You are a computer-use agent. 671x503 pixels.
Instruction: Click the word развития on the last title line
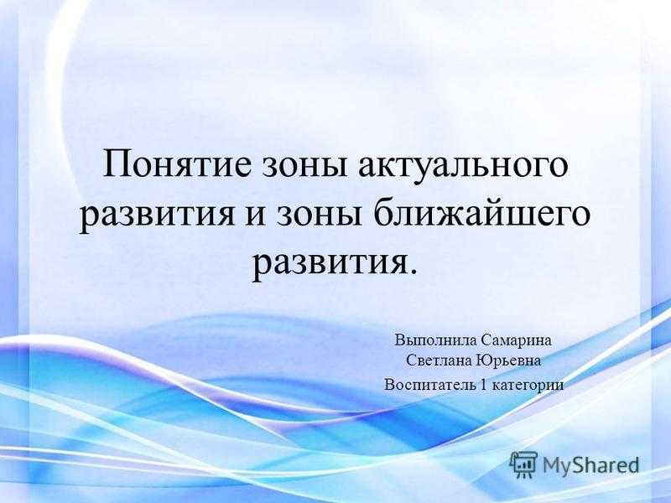(328, 264)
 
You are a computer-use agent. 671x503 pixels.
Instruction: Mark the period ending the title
(412, 270)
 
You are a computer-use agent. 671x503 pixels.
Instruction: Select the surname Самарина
(515, 341)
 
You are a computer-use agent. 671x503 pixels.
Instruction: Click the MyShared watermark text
(590, 464)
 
